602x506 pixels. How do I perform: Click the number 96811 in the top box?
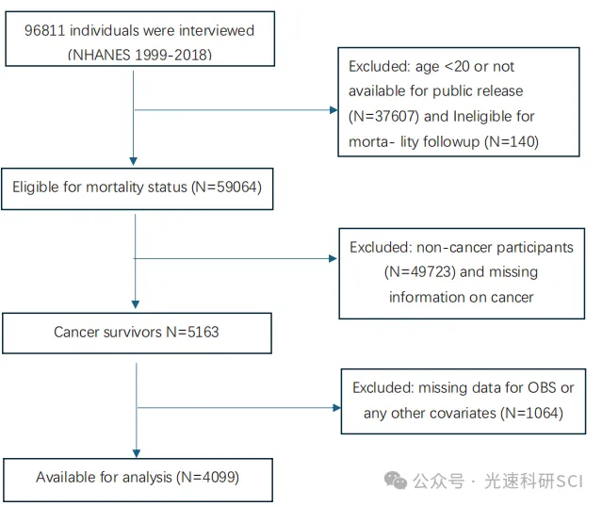point(44,31)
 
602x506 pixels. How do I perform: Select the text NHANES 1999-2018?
point(139,55)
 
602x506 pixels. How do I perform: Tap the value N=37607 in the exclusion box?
point(383,116)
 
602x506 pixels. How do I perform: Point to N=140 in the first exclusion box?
point(512,141)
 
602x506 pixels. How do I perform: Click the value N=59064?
point(226,187)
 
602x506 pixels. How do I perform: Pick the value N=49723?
point(419,271)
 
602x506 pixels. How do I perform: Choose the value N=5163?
point(192,332)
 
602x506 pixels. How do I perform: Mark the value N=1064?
point(531,413)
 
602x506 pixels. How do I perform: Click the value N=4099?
point(207,477)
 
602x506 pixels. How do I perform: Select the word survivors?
point(133,332)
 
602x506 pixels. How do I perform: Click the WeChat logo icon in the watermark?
point(396,481)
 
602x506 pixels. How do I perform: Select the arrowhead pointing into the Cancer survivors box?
point(135,305)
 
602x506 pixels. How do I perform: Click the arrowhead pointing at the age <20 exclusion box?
point(334,110)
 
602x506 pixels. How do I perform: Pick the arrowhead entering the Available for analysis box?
point(137,454)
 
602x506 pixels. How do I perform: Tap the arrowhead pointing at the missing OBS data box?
point(336,408)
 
